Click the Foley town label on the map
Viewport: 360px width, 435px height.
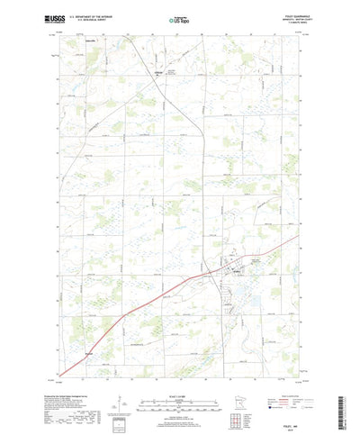236,271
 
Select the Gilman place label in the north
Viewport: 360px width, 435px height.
161,72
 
